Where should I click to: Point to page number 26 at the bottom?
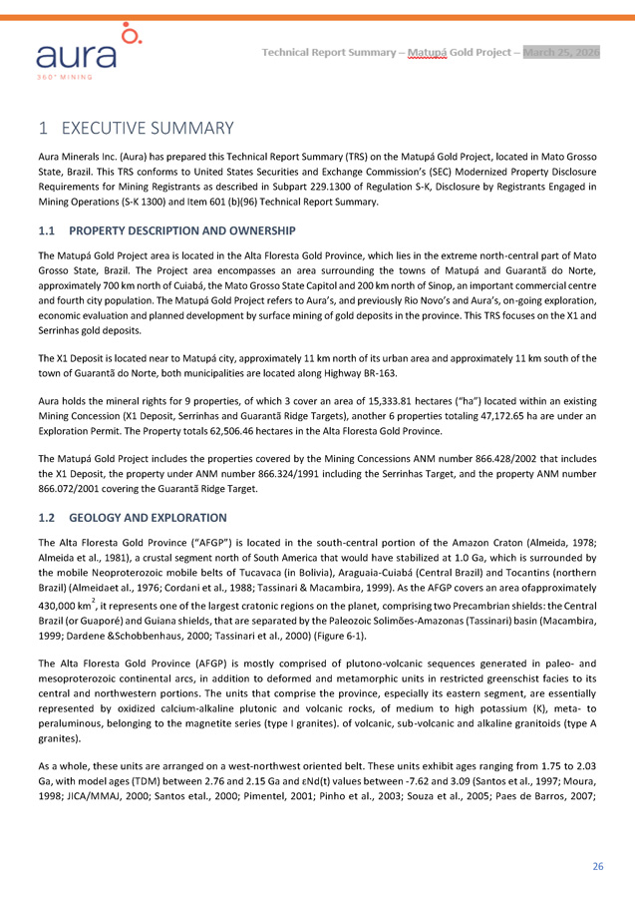click(597, 866)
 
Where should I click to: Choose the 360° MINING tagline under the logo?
click(65, 75)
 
